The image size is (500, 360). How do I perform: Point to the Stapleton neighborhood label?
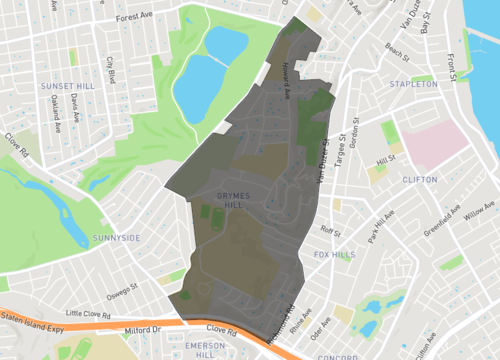pos(414,85)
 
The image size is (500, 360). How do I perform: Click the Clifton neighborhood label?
pos(419,180)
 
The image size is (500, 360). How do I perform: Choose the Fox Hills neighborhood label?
pos(334,255)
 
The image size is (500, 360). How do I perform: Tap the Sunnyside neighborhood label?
pos(116,237)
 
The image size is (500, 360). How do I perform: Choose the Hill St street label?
pos(385,159)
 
